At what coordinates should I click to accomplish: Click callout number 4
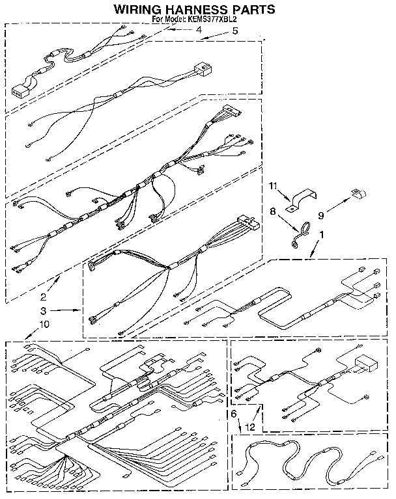(199, 30)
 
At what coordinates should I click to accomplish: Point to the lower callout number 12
(247, 427)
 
